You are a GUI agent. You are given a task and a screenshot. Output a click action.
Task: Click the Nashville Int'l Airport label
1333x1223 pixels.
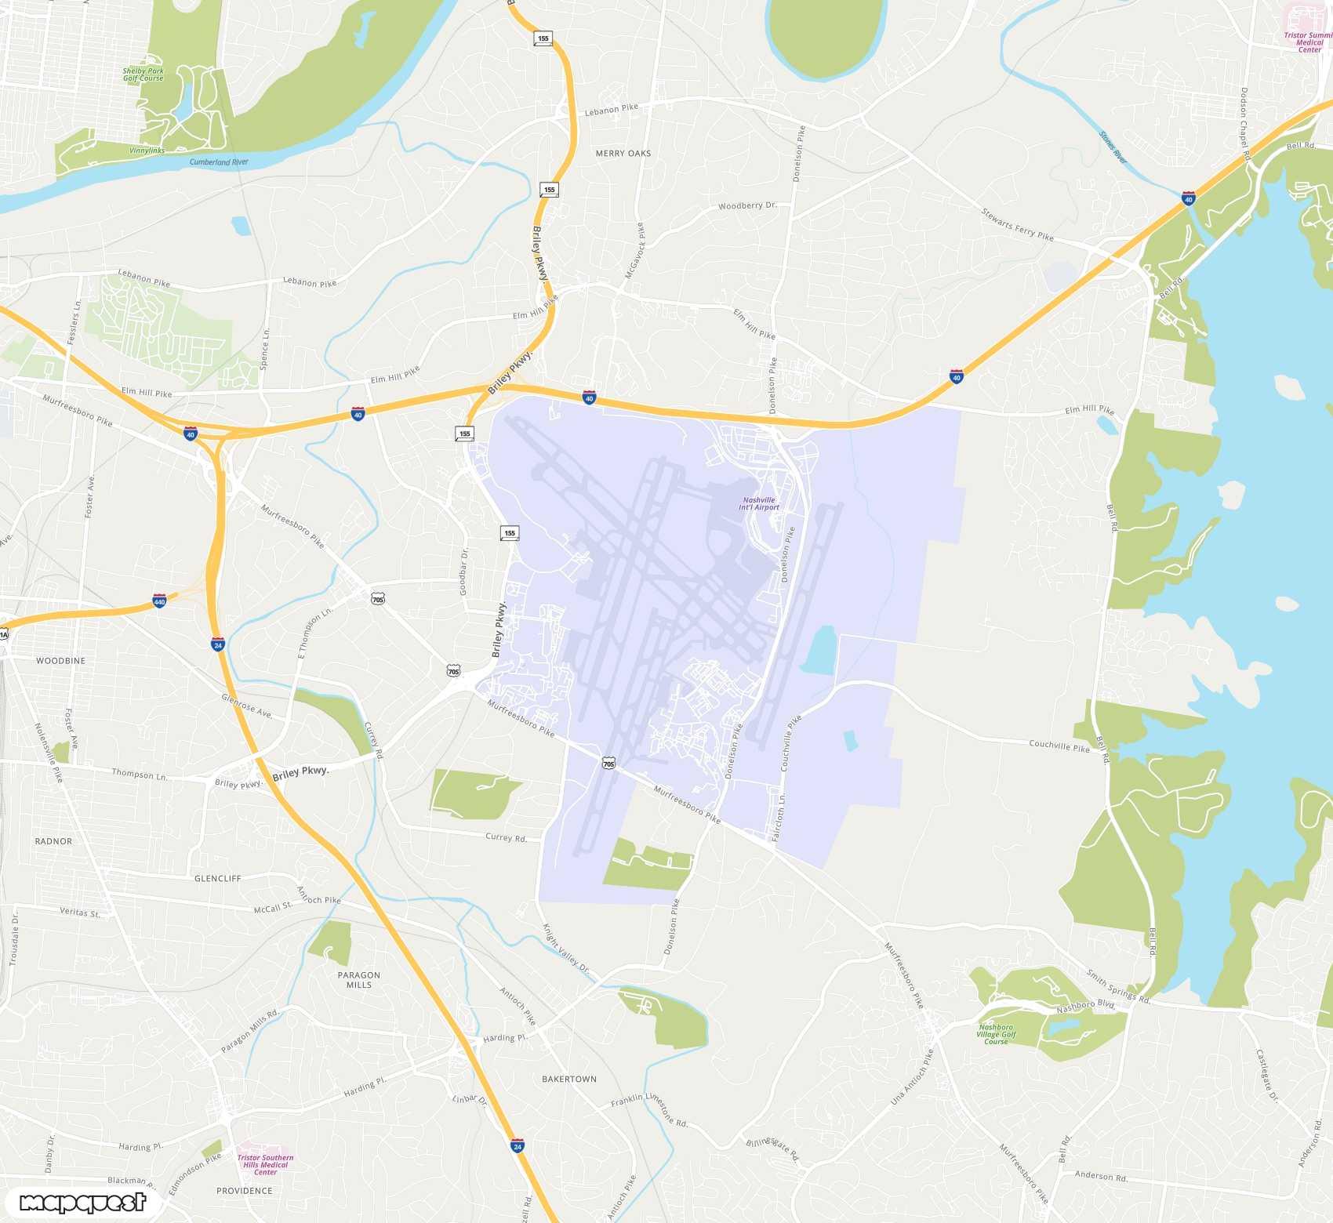759,503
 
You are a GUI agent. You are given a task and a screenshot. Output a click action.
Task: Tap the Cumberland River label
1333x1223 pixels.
219,162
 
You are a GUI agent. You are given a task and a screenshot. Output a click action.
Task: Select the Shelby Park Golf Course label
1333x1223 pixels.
143,74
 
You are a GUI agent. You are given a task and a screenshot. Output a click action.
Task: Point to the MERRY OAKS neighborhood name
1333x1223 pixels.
623,154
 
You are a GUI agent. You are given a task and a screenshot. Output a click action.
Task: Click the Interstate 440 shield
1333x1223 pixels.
159,601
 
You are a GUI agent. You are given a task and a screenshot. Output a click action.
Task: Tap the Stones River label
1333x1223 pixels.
1113,147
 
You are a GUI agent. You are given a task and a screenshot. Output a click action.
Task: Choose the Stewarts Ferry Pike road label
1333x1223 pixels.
1017,224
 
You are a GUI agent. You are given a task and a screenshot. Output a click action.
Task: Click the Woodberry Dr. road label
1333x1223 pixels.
747,206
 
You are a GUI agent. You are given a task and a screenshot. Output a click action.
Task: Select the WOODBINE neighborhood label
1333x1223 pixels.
60,661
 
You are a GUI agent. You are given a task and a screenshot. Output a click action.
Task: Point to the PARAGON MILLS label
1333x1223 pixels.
359,980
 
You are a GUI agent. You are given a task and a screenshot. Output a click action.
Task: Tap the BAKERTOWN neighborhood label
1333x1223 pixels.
569,1080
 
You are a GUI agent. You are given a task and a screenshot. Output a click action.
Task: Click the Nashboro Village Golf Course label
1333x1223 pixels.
996,1034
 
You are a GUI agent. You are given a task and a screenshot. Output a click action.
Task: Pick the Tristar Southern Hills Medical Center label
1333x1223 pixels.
265,1164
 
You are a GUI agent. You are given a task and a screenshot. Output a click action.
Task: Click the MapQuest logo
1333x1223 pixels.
82,1203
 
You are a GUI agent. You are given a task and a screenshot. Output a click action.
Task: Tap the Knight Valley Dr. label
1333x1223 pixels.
565,946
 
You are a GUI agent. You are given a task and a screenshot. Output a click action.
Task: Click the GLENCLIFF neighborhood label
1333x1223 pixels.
218,879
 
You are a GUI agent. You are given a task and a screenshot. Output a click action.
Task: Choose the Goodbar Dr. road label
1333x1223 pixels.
464,572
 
